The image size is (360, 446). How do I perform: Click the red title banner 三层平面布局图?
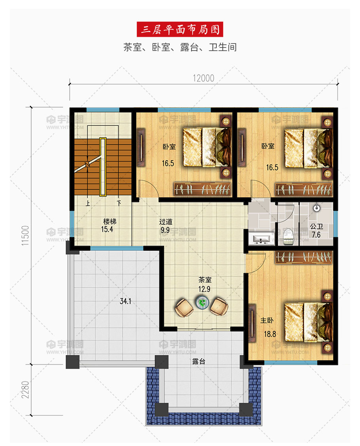[180, 29]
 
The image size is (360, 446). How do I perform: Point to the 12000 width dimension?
[203, 78]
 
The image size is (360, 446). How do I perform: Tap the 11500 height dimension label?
[25, 236]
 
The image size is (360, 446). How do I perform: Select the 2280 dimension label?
[25, 390]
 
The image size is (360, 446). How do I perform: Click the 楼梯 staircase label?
[110, 221]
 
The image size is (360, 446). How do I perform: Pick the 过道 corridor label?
[166, 221]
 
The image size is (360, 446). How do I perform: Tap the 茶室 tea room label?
[205, 280]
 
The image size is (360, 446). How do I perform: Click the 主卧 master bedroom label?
[267, 321]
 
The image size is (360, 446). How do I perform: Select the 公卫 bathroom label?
[316, 227]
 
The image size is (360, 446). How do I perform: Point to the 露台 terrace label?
[199, 361]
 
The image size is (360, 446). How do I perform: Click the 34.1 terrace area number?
[125, 301]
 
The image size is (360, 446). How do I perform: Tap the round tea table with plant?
[202, 302]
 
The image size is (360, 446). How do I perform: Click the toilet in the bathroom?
[288, 235]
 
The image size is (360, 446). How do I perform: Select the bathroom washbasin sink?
[261, 239]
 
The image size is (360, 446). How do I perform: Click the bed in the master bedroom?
[309, 322]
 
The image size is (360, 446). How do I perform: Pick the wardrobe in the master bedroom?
[304, 257]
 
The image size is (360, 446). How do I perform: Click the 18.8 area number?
[270, 334]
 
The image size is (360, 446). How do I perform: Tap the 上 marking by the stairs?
[88, 203]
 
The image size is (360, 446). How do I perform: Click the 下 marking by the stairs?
[119, 203]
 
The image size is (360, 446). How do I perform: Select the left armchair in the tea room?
[184, 308]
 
